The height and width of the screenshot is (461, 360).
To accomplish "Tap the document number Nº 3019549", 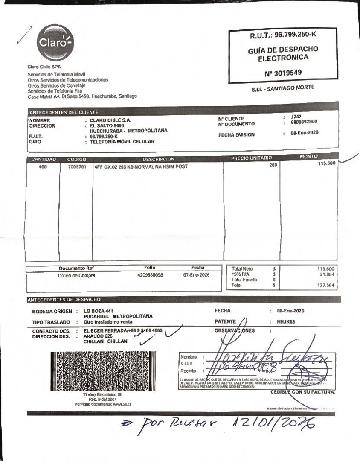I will click(x=283, y=73).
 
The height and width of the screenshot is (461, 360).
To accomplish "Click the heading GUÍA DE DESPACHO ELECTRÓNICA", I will click(x=283, y=53).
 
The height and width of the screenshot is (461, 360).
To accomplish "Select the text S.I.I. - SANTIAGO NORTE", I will click(x=283, y=88).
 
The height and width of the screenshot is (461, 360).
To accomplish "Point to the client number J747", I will click(x=296, y=116).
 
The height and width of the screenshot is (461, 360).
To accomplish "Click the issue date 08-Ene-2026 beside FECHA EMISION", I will click(x=305, y=133).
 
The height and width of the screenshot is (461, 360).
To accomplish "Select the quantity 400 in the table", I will click(x=43, y=167).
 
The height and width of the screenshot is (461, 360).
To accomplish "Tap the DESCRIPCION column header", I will click(x=158, y=159).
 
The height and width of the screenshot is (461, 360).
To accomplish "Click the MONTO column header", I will click(x=309, y=157).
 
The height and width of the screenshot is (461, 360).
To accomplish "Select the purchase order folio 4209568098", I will click(x=147, y=275).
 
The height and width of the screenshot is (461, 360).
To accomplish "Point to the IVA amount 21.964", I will click(x=327, y=274).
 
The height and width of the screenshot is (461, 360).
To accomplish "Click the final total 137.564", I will click(x=326, y=286).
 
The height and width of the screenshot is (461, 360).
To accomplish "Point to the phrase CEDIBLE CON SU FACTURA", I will click(x=303, y=391).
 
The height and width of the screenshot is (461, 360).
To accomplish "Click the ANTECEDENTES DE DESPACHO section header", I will click(x=64, y=300).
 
